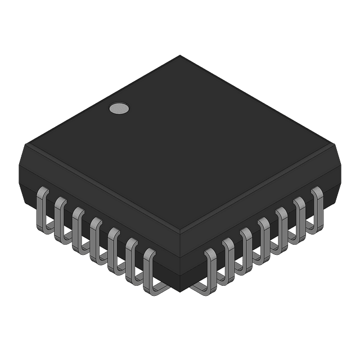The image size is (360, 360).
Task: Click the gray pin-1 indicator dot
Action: pyautogui.click(x=118, y=109)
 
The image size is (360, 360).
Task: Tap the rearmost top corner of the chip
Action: pyautogui.click(x=180, y=56)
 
